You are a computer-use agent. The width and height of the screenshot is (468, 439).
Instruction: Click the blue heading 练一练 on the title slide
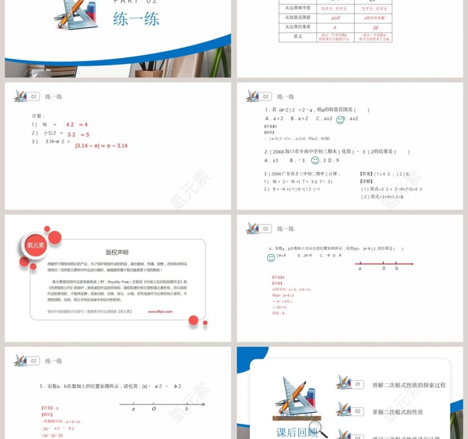(x=136, y=19)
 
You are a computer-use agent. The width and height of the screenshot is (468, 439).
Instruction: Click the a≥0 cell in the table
(x=334, y=17)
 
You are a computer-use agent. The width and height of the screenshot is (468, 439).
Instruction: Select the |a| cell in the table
(x=372, y=27)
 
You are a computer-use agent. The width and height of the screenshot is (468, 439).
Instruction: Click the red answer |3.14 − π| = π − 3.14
(x=101, y=146)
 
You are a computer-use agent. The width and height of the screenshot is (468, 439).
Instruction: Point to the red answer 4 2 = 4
(x=77, y=125)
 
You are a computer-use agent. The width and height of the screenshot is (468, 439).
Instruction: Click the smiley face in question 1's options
(x=340, y=120)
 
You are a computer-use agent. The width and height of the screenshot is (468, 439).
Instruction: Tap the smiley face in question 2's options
(x=315, y=160)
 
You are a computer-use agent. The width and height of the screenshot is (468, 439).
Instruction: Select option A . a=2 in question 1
(x=274, y=119)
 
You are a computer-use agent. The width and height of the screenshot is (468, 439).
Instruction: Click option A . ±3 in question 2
(x=271, y=160)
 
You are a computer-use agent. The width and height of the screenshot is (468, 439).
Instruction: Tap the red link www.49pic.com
(x=160, y=312)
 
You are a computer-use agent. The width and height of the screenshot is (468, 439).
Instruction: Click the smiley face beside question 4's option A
(x=271, y=257)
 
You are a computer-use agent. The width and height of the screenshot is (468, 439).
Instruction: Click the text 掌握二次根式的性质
(x=397, y=412)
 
